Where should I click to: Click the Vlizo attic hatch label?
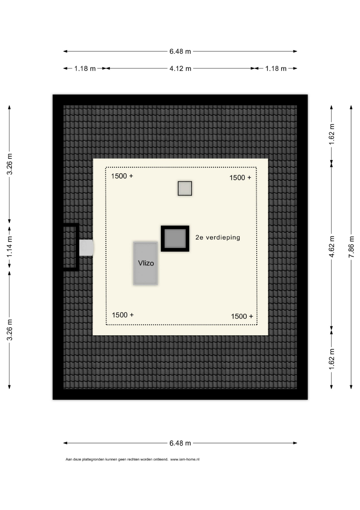(x=146, y=263)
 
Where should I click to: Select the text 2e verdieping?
(x=218, y=238)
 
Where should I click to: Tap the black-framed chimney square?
(x=175, y=238)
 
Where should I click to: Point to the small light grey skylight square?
(x=185, y=188)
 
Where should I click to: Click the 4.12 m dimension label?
(x=180, y=68)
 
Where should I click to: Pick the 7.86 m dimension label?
(x=351, y=247)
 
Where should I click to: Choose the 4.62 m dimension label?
(x=332, y=247)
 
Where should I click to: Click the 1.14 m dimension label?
(x=10, y=246)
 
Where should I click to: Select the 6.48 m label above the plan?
(x=180, y=51)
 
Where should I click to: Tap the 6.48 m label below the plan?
(x=180, y=443)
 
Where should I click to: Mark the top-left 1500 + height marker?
(x=122, y=176)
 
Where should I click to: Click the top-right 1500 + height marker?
(x=241, y=178)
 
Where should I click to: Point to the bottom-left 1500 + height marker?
(x=123, y=315)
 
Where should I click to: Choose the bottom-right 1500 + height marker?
(x=242, y=316)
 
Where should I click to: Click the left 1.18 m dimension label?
(x=85, y=68)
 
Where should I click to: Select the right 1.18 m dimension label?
(x=276, y=68)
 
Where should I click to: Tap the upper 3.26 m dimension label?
(x=10, y=164)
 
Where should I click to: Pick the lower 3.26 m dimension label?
(x=10, y=330)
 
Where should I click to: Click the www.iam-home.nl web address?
(x=185, y=459)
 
